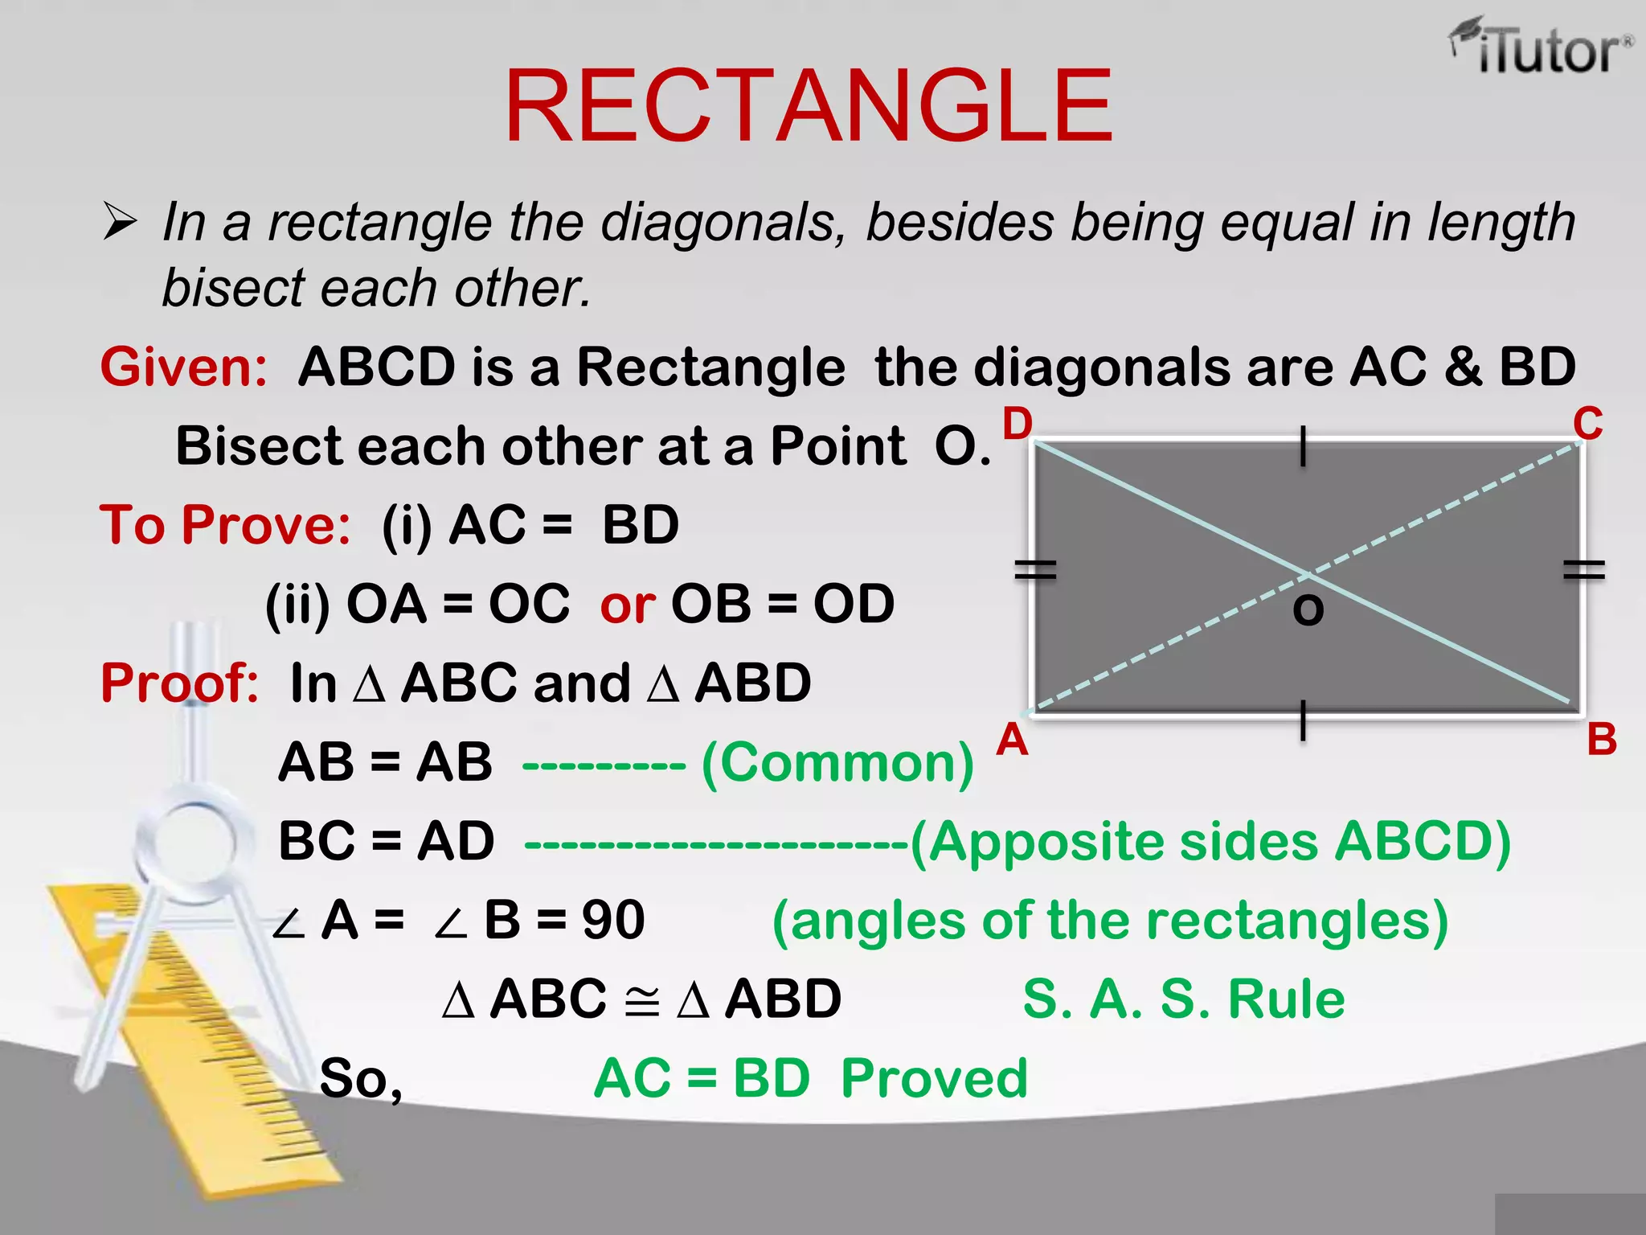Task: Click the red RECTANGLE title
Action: click(x=809, y=106)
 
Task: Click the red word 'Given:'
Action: click(x=184, y=367)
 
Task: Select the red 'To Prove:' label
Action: click(x=225, y=525)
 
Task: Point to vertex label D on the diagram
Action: click(x=1017, y=424)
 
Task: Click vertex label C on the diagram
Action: click(x=1587, y=424)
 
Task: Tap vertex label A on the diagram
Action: click(x=1012, y=740)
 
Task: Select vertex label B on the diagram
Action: click(x=1601, y=740)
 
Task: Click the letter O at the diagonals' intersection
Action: click(x=1308, y=610)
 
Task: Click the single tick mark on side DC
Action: click(x=1303, y=446)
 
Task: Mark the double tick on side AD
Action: click(x=1035, y=570)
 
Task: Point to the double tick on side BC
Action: click(x=1583, y=570)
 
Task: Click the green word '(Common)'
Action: click(x=837, y=762)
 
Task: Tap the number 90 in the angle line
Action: click(x=613, y=920)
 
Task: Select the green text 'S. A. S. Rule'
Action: click(x=1183, y=999)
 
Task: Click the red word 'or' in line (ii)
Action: click(x=627, y=605)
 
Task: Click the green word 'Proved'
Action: click(x=934, y=1078)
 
